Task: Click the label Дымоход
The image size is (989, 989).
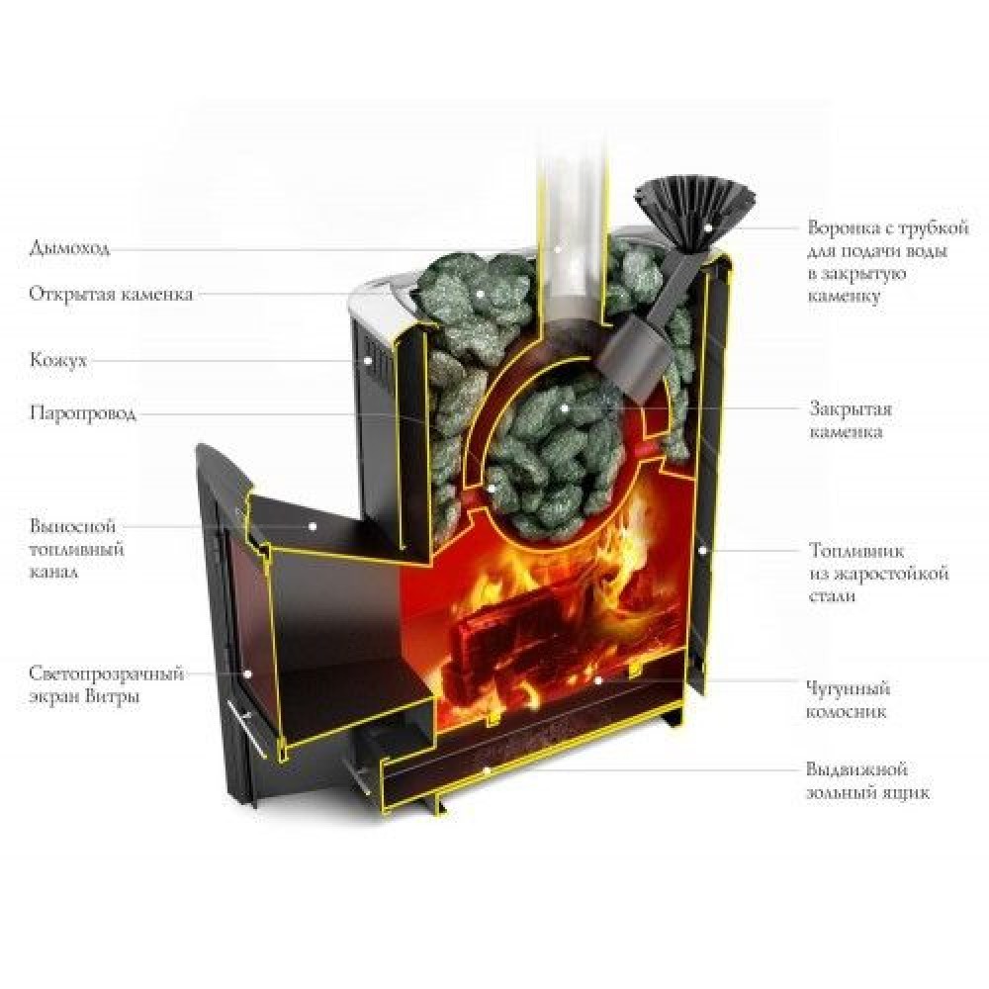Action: pyautogui.click(x=68, y=247)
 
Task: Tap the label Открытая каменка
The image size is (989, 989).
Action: pyautogui.click(x=111, y=294)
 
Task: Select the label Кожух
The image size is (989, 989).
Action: pyautogui.click(x=58, y=360)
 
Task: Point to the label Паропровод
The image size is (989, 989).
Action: pyautogui.click(x=82, y=412)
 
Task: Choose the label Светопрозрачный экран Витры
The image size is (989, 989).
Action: pyautogui.click(x=107, y=684)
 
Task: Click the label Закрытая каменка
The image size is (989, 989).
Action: pyautogui.click(x=845, y=419)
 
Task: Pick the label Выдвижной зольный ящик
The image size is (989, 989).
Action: pyautogui.click(x=868, y=780)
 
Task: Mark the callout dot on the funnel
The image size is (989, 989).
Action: pyautogui.click(x=706, y=226)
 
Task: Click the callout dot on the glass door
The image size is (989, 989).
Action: pyautogui.click(x=248, y=673)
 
